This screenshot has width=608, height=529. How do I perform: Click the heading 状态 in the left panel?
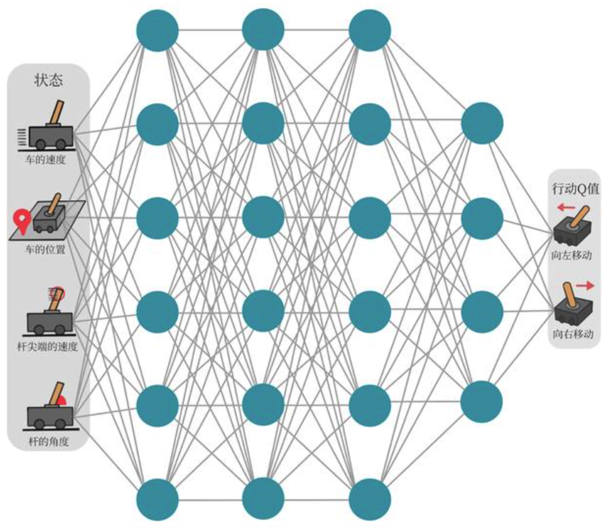(x=49, y=80)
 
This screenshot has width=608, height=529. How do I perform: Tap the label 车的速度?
(x=46, y=159)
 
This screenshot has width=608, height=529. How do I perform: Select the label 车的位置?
(x=46, y=249)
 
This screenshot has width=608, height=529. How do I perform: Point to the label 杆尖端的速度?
(x=48, y=347)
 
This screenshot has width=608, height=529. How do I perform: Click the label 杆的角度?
(x=49, y=441)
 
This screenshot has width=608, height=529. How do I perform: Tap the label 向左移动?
(x=572, y=255)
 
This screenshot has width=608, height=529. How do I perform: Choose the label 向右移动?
(x=573, y=334)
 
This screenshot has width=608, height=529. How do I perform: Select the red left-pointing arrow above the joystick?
(x=566, y=207)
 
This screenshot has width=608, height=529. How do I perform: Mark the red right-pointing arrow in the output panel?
(x=584, y=286)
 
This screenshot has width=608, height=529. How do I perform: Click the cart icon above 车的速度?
(x=50, y=128)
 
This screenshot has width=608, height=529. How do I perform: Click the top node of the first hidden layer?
(x=157, y=30)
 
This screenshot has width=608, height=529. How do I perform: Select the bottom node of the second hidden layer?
(x=263, y=499)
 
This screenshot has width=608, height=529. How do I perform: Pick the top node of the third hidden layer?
(x=370, y=30)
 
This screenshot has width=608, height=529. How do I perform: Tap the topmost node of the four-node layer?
(x=482, y=123)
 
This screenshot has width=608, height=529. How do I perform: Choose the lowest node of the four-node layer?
(x=481, y=402)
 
